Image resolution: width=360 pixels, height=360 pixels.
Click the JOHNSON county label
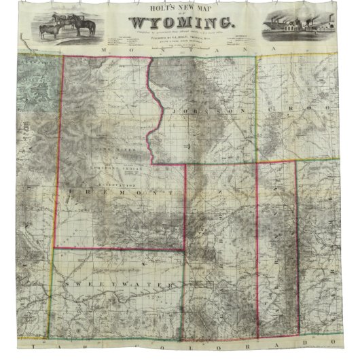(x=204, y=109)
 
